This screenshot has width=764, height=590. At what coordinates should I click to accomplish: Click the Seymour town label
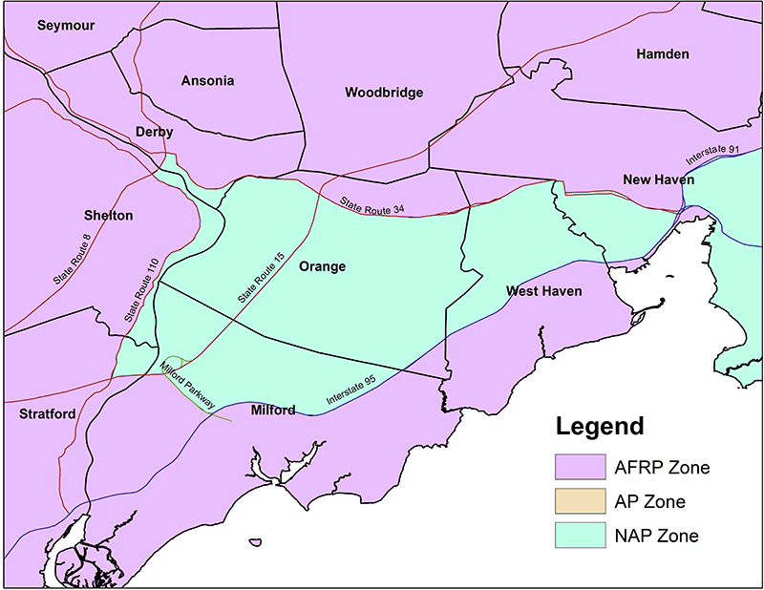point(66,26)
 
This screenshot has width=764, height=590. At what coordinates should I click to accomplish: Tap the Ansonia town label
point(207,81)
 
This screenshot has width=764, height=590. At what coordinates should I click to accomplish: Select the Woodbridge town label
point(383,93)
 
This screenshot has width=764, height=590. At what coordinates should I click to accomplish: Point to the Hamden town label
point(662,54)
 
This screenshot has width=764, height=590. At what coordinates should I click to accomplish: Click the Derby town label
point(154,132)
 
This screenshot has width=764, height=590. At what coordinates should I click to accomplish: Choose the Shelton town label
point(107,216)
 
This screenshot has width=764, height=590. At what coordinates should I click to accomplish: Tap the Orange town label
point(322,266)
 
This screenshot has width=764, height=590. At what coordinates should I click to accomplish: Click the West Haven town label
point(543,290)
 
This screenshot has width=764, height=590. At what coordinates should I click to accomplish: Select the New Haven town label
point(658,179)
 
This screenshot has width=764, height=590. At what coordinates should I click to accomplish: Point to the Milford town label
point(272,411)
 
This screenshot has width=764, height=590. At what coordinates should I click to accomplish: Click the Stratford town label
point(47,414)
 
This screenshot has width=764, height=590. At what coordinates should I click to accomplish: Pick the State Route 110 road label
point(139,290)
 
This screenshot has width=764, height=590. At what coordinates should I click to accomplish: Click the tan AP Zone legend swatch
point(580,500)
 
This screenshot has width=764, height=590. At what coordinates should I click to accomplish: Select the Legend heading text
point(600,426)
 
